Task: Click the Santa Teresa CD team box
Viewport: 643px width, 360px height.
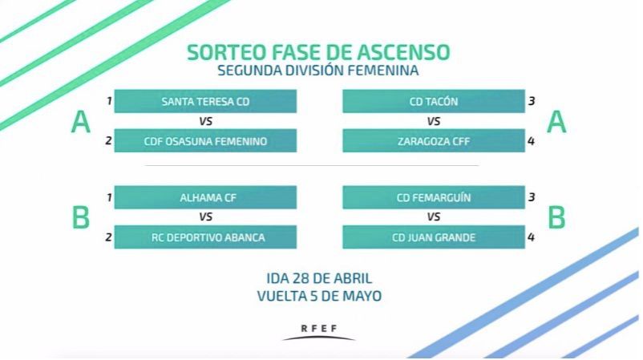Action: click(205, 102)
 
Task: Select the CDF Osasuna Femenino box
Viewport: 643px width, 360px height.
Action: click(205, 142)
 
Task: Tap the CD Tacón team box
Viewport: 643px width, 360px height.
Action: click(434, 102)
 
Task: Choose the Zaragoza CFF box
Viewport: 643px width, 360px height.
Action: click(434, 142)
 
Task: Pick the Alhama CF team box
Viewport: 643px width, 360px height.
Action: click(205, 197)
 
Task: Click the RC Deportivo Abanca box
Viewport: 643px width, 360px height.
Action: click(205, 237)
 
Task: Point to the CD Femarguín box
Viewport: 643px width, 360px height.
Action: click(434, 197)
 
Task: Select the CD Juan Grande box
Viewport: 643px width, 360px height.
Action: click(434, 237)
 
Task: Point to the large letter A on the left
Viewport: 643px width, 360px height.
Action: click(80, 123)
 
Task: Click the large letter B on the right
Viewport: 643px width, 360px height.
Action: click(556, 217)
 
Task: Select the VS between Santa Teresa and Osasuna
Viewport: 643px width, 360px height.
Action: click(205, 122)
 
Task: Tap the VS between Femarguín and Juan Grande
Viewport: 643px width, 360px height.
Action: click(434, 217)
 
